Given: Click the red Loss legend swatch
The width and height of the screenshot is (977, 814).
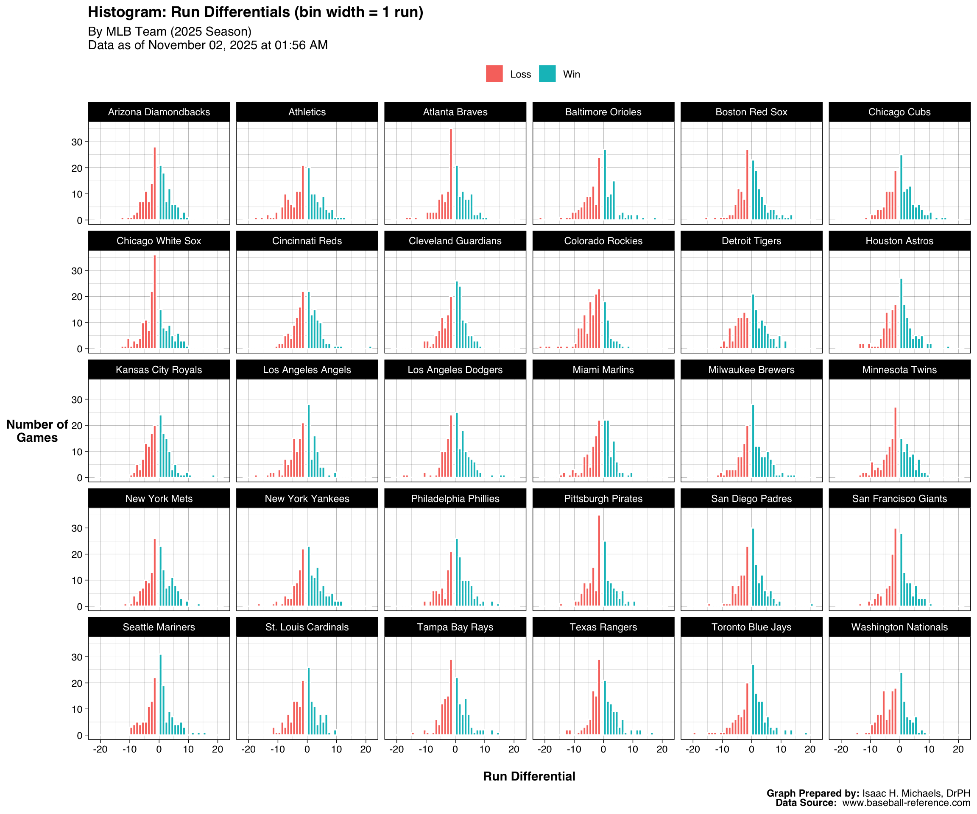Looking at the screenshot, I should tap(494, 74).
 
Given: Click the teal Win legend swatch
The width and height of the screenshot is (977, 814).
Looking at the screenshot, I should tap(547, 74).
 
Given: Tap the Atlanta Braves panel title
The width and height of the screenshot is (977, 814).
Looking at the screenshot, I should tap(455, 112).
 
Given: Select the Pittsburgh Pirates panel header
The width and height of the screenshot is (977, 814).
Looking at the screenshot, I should tap(603, 499).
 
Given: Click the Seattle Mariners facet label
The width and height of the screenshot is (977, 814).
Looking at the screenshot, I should tap(159, 627).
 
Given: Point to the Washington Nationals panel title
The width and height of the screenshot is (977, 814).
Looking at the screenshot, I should tap(899, 627).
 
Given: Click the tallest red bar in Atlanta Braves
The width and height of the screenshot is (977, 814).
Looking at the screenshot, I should tap(451, 174).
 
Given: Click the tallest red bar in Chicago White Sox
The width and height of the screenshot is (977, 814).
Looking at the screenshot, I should tap(155, 302).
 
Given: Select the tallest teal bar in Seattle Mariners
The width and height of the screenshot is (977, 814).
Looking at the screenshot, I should tap(161, 695).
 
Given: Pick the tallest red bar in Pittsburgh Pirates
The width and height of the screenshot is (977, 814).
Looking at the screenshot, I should tap(599, 560).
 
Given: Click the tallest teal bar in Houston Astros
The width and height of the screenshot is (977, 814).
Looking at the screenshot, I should tap(901, 314).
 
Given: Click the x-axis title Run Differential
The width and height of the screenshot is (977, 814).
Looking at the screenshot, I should tap(529, 776).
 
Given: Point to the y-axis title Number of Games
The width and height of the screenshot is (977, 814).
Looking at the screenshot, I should tap(37, 431).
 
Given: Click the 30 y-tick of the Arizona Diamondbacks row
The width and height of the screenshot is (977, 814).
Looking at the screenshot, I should tap(77, 142).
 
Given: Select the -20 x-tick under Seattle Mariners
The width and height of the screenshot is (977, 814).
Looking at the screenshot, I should tap(100, 749).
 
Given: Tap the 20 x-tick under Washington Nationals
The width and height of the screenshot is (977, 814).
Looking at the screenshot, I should tap(958, 749).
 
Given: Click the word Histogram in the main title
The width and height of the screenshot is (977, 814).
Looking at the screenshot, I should tap(126, 12).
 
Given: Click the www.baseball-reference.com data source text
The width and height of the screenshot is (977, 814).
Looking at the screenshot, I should tap(906, 803).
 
